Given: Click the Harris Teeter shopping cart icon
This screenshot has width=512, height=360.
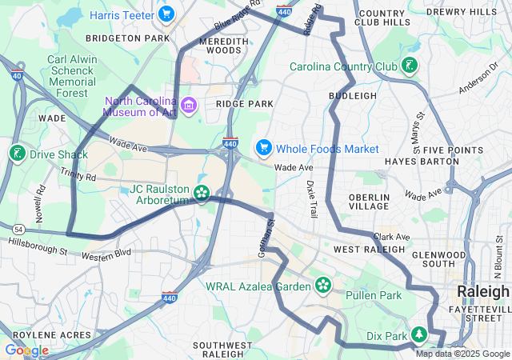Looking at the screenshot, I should tap(166, 14).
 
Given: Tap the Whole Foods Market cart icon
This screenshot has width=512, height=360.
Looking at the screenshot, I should tap(263, 148).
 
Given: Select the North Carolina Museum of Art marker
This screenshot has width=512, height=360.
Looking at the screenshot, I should tap(189, 105).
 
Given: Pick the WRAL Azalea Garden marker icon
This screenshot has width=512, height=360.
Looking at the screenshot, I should tap(323, 284).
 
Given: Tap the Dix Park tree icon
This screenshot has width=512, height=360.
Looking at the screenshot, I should tap(418, 334).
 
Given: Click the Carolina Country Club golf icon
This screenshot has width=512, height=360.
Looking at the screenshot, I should tap(410, 66).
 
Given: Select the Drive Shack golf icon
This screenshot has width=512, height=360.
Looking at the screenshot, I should tap(17, 153).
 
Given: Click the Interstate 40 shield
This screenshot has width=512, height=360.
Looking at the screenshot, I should tap(17, 74).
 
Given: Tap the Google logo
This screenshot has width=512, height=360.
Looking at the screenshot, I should tap(26, 350).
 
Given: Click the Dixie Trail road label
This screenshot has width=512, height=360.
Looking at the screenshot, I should tap(311, 199).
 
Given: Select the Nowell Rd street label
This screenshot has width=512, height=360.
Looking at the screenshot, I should tap(40, 204).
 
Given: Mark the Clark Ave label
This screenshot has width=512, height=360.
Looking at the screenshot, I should tap(391, 237).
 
